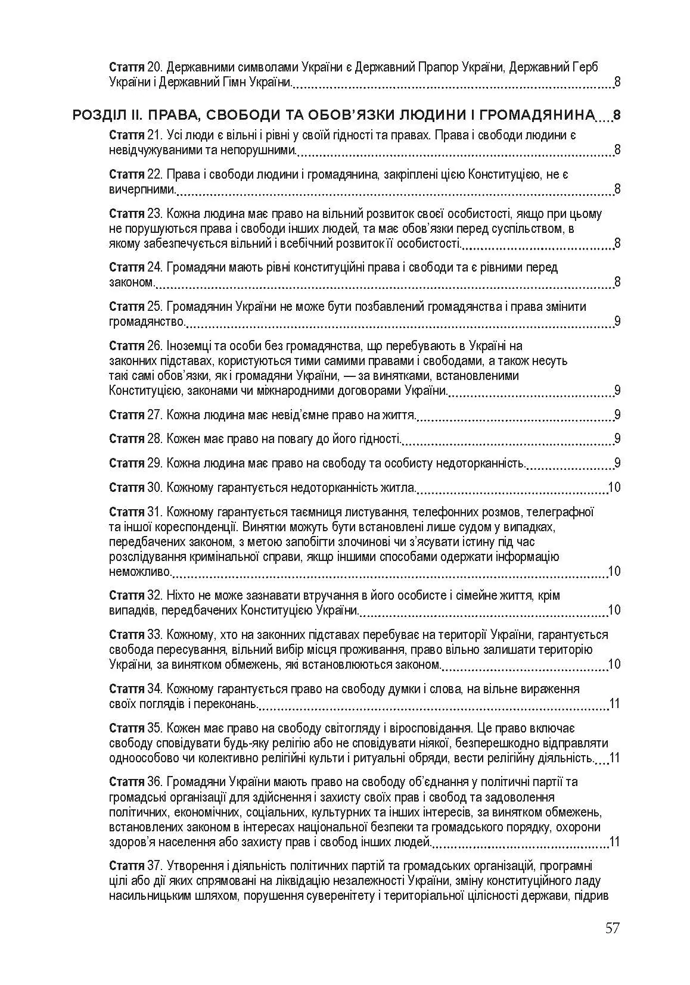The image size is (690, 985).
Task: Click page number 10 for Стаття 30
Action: [614, 488]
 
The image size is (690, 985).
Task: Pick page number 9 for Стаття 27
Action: [617, 415]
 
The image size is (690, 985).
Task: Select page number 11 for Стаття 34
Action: [614, 704]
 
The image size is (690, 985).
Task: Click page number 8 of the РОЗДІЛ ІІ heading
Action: [617, 115]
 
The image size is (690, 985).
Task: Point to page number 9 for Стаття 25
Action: [617, 322]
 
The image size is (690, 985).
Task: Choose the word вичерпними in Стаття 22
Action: [142, 190]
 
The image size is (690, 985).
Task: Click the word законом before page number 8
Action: [131, 282]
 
